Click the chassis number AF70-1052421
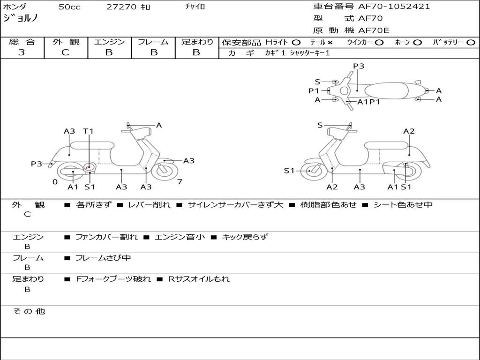[394, 7]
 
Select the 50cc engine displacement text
[69, 7]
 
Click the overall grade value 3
[22, 52]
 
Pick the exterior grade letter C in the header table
[65, 52]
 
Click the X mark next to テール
[330, 43]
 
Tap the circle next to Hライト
[296, 43]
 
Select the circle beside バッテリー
[471, 43]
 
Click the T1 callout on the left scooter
[89, 131]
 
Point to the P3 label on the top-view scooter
[359, 66]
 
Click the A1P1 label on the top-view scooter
[368, 102]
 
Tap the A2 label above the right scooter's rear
[409, 131]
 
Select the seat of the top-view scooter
[386, 91]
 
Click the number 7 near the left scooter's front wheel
[180, 182]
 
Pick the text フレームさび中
[103, 258]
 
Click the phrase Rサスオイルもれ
[199, 279]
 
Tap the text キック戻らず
[245, 237]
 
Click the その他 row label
[29, 311]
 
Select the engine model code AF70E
[374, 30]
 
